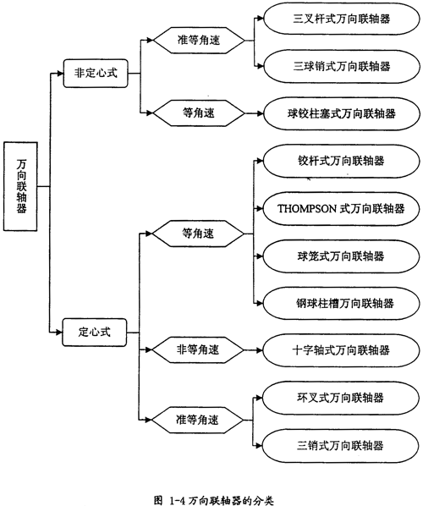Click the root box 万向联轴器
[x=20, y=186]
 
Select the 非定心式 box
[x=96, y=74]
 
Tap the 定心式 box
[x=94, y=333]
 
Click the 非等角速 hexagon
[x=198, y=349]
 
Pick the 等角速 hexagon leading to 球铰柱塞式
[x=199, y=113]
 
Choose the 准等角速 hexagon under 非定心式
[x=199, y=41]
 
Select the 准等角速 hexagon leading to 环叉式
[x=197, y=421]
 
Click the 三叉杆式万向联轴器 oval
[x=342, y=19]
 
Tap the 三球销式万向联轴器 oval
[x=342, y=67]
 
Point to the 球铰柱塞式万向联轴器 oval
[x=342, y=113]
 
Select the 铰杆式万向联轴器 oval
[x=341, y=161]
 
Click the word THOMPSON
[x=307, y=209]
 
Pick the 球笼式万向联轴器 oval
[x=341, y=256]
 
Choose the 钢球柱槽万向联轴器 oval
[x=341, y=304]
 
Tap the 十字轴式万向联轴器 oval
[x=341, y=350]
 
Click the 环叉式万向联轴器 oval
[x=340, y=398]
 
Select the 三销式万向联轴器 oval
[x=340, y=446]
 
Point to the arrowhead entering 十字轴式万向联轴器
[x=260, y=350]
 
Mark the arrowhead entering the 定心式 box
[x=58, y=332]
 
